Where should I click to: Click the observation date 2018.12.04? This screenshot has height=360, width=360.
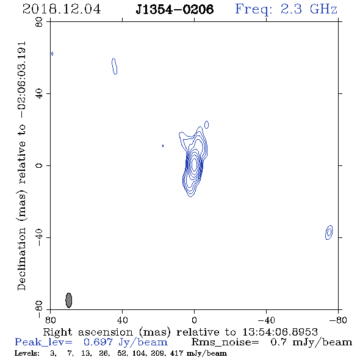click(62, 9)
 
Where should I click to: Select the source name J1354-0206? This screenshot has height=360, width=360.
click(175, 9)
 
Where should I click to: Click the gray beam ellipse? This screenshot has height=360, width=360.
click(69, 300)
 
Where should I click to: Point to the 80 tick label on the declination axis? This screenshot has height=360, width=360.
click(39, 22)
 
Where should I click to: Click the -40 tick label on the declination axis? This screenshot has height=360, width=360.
click(39, 237)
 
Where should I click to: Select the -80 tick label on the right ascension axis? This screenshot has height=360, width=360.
click(337, 320)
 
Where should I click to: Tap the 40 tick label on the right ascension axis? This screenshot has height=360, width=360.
click(122, 320)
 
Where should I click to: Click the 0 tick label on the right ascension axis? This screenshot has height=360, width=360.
click(194, 320)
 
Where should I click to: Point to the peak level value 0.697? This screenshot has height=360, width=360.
click(98, 342)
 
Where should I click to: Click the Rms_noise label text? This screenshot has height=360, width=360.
click(225, 342)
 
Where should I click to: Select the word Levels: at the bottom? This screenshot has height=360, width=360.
click(27, 353)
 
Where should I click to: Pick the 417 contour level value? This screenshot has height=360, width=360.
click(176, 353)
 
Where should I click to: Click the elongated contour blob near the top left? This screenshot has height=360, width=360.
click(114, 66)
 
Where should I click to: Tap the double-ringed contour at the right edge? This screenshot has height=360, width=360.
click(329, 232)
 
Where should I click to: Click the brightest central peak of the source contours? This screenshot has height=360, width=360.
click(194, 164)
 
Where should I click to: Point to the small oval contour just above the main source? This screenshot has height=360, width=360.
click(207, 124)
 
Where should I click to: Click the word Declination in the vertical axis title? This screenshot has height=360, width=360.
click(21, 259)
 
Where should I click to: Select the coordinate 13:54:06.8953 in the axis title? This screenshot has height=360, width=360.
click(280, 332)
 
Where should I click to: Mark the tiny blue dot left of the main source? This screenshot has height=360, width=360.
click(163, 146)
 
